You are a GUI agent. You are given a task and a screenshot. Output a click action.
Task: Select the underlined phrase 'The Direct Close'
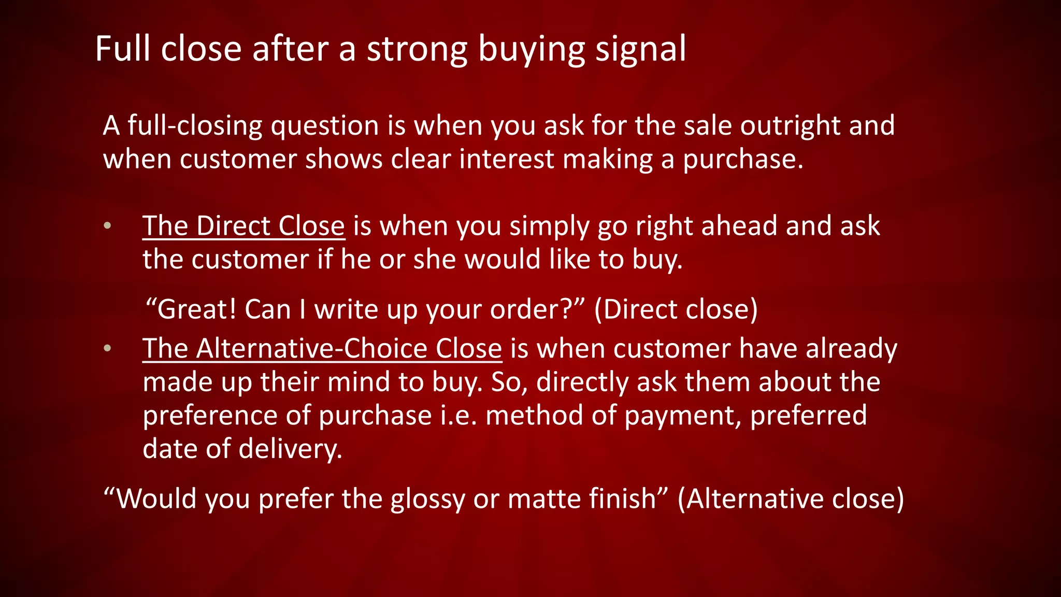243,226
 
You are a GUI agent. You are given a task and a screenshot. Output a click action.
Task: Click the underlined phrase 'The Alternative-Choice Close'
322,348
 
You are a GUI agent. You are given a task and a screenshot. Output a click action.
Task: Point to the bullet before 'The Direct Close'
107,226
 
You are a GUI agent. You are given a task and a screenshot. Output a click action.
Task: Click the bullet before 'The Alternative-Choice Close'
107,348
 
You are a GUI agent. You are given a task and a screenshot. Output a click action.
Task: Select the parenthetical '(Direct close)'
676,309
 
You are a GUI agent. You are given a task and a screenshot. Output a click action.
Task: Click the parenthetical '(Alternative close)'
791,499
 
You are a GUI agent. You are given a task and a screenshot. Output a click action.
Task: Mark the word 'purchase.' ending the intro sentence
743,160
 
